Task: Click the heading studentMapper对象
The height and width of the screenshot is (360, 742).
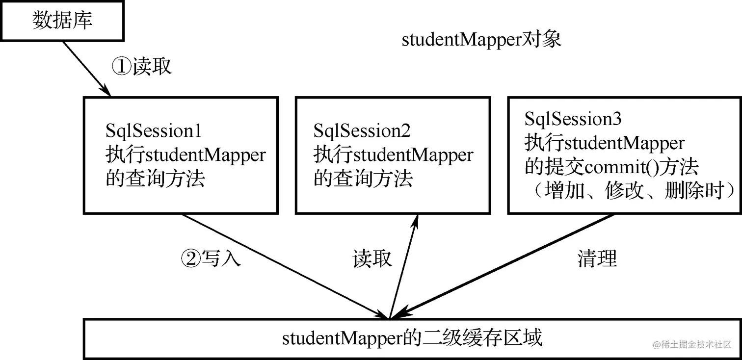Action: (481, 39)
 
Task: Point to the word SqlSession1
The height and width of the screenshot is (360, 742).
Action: (154, 131)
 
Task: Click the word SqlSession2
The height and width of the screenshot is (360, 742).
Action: (362, 131)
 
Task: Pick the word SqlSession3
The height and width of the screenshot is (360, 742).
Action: (573, 119)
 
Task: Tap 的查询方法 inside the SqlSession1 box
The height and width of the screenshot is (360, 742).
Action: (155, 179)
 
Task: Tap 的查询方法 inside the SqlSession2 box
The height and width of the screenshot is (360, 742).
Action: (363, 179)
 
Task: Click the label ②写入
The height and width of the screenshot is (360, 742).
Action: (211, 257)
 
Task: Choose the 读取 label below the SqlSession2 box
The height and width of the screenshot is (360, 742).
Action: (372, 257)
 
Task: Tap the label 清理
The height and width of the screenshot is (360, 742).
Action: (597, 257)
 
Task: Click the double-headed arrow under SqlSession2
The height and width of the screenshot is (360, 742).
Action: (403, 267)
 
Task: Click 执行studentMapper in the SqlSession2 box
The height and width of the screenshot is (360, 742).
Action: (393, 155)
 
